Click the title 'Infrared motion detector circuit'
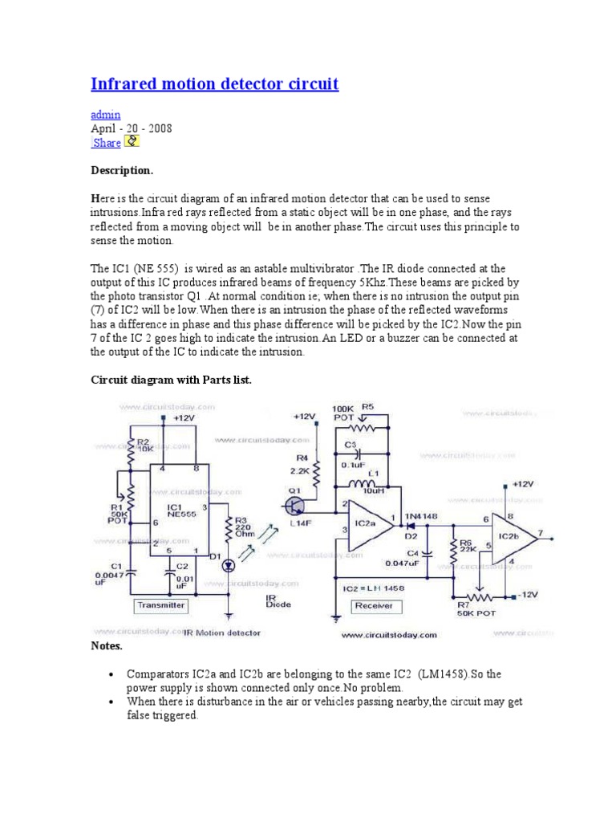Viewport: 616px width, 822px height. [x=214, y=84]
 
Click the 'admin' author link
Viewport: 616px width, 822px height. [x=105, y=115]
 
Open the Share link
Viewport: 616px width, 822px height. [x=107, y=143]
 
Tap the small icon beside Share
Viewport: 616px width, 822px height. [x=132, y=142]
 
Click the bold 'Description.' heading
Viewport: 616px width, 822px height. [x=121, y=171]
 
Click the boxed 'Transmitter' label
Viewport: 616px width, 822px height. [x=161, y=605]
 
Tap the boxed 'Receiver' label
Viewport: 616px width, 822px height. [x=373, y=606]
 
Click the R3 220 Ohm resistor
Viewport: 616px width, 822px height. [x=229, y=530]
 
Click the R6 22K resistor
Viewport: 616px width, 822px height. [x=455, y=550]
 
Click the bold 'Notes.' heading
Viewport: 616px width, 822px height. [x=107, y=645]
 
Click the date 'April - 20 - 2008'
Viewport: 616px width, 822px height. [x=130, y=128]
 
